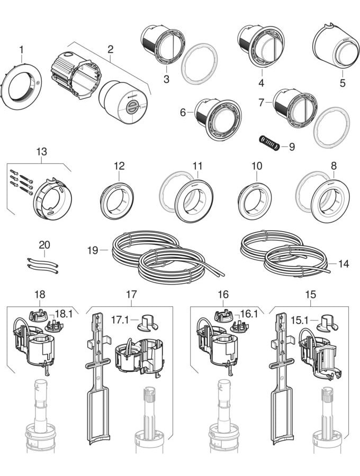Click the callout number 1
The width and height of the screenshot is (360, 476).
(21, 50)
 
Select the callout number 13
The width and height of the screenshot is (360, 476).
(41, 152)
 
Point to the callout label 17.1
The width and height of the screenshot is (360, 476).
(119, 320)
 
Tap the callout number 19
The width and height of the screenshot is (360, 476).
(93, 250)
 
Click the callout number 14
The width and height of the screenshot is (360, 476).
(344, 263)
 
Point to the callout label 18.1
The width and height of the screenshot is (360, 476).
(64, 314)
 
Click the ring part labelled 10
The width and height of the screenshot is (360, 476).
(256, 196)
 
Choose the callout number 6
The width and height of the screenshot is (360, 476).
(183, 113)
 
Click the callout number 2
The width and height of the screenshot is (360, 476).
(110, 49)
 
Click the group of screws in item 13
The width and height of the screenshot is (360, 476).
(20, 181)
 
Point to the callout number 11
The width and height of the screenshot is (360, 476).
(197, 166)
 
